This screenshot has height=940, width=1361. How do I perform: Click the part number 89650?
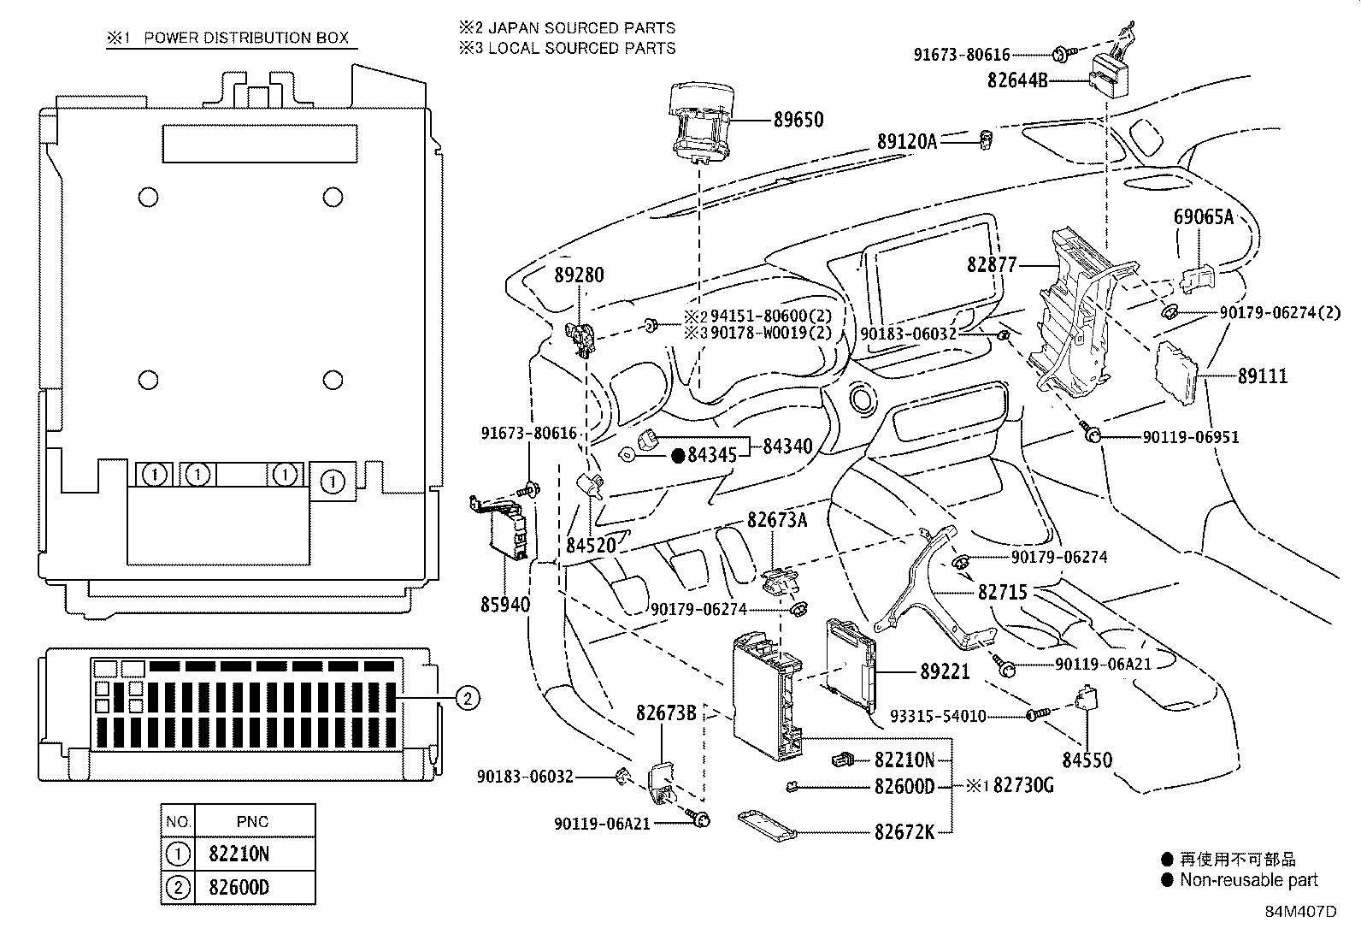[798, 120]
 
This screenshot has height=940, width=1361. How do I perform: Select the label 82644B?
[1017, 80]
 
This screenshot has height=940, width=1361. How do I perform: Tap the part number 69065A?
[1203, 216]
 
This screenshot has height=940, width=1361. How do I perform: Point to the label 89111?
[1262, 376]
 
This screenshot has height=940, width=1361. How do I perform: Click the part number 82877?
[992, 264]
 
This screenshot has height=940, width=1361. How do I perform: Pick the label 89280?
[579, 275]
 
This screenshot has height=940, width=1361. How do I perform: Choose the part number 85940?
[504, 605]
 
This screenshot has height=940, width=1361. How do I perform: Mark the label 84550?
[1087, 760]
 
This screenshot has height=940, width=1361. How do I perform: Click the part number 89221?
[945, 672]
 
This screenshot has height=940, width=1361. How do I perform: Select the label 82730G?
[1023, 785]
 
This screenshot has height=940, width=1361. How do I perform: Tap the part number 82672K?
[904, 831]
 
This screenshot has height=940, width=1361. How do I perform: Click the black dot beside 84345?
[678, 456]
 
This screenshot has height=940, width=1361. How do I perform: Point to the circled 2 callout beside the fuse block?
[466, 699]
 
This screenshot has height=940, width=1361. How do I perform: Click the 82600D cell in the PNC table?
[239, 887]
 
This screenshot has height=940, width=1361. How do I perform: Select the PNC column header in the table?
[252, 822]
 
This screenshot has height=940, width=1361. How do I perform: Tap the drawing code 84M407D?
[1300, 912]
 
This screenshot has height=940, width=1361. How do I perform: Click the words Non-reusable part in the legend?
[1248, 880]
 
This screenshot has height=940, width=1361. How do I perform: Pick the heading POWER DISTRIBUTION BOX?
[246, 38]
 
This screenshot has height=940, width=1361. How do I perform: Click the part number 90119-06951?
[1190, 437]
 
